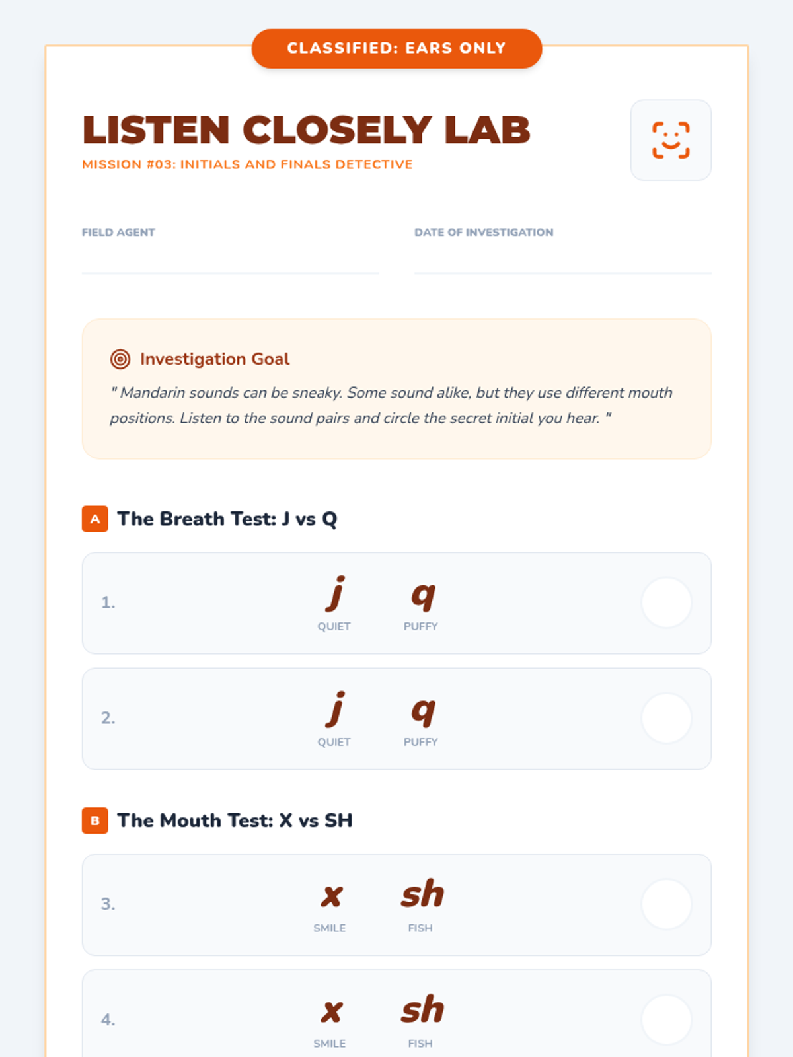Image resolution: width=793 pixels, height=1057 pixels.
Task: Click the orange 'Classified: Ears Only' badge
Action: tap(397, 48)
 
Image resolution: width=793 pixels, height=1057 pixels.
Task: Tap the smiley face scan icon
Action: tap(671, 140)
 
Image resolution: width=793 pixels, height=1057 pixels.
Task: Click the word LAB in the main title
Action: tap(487, 130)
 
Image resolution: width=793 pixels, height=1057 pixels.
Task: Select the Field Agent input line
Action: tap(230, 273)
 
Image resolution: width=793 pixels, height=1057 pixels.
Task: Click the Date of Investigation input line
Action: tap(563, 273)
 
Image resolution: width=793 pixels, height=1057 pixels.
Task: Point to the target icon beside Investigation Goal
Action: tap(120, 359)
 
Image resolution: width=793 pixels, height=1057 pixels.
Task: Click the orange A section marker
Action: tap(95, 519)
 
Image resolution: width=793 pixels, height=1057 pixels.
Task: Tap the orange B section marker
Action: tap(95, 820)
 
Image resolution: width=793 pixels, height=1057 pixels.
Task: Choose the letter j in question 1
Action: tap(335, 594)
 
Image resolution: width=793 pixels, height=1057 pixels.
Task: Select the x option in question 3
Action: tap(332, 896)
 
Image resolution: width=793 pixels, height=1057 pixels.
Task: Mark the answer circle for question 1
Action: tap(666, 603)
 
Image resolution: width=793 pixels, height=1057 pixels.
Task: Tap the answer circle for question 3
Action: tap(666, 904)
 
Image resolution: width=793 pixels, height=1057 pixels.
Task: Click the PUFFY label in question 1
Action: tap(421, 626)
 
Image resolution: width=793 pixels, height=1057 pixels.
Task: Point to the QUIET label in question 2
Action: tap(334, 742)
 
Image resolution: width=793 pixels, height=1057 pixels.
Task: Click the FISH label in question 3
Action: tap(420, 928)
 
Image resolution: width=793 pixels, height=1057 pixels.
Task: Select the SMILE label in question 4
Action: tap(330, 1044)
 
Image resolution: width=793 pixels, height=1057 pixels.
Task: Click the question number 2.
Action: tap(108, 718)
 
